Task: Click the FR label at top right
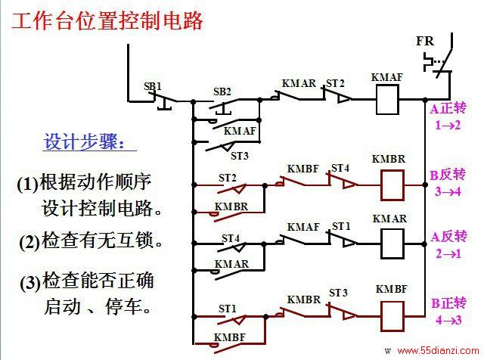(x=425, y=41)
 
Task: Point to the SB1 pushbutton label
(x=153, y=86)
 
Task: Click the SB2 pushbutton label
(x=222, y=92)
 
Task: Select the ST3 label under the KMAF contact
(x=240, y=156)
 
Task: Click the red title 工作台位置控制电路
(x=107, y=20)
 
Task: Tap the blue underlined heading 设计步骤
(x=85, y=141)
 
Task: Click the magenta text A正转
(x=448, y=109)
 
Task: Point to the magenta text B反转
(x=448, y=175)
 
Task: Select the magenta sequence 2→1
(x=448, y=254)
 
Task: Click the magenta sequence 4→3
(x=448, y=320)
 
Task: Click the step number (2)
(x=29, y=242)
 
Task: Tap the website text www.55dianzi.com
(x=438, y=351)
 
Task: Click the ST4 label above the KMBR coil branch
(x=340, y=168)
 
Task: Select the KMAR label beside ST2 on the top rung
(x=299, y=83)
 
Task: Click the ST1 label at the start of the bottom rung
(x=227, y=309)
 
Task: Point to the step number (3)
(x=30, y=283)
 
